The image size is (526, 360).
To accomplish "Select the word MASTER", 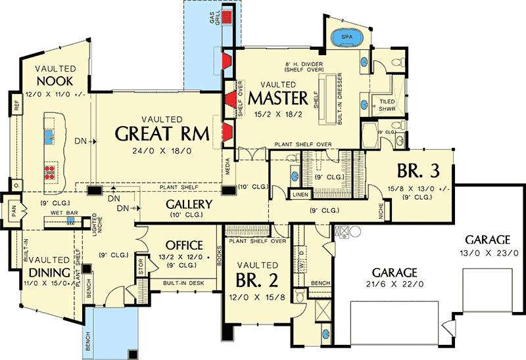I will click(278, 99).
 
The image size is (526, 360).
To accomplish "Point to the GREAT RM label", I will click(162, 133).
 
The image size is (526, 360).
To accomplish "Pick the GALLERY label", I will click(188, 204).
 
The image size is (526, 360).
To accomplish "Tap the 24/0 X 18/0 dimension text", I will click(162, 151).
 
